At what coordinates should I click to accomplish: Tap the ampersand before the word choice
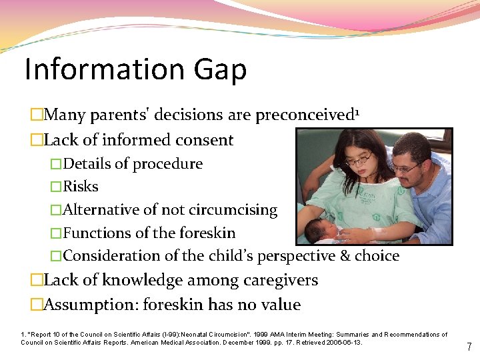point(343,256)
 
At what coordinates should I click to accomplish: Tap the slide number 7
point(469,347)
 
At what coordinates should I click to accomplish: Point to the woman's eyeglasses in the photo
point(359,160)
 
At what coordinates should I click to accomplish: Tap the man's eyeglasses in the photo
point(405,167)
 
